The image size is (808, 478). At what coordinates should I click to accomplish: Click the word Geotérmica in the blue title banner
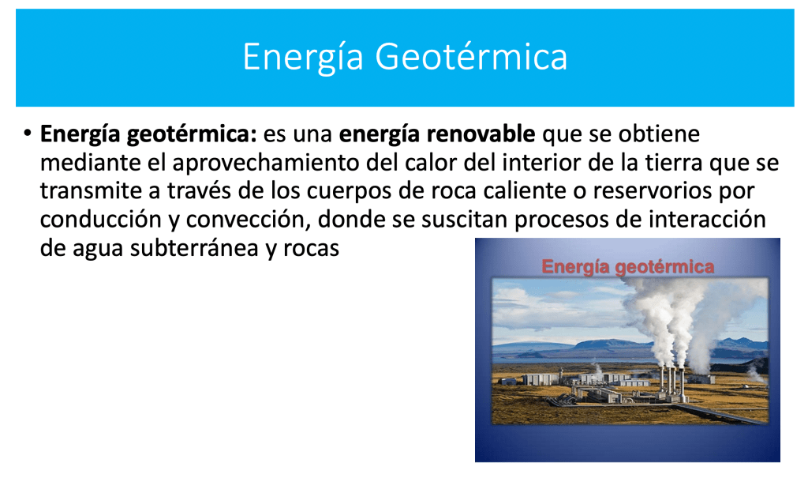(471, 56)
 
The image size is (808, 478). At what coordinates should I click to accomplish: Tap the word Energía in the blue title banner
(303, 58)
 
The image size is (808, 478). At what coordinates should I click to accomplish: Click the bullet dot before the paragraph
(28, 134)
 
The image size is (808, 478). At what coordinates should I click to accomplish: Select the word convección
(249, 220)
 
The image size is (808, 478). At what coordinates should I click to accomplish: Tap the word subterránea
(194, 248)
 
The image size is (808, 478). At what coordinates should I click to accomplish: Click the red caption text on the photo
(627, 266)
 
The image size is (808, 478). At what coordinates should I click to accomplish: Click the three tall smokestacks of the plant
(671, 385)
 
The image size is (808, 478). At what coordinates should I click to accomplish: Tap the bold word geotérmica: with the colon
(192, 134)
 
